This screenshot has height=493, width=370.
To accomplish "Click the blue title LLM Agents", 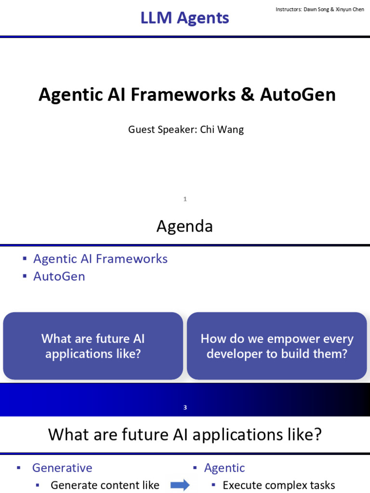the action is coord(185,18).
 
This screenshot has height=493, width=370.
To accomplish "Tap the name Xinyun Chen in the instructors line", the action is coord(350,10).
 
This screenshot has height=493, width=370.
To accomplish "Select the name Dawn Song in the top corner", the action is coord(316,10).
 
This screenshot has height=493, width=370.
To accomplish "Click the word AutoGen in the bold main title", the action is coord(298,94).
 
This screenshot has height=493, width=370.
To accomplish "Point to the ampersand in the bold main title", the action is coord(248,94).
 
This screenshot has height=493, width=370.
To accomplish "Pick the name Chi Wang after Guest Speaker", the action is coord(222,130).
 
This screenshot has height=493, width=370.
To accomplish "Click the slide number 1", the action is coord(185,199).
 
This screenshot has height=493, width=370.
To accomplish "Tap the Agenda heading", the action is coord(185,226).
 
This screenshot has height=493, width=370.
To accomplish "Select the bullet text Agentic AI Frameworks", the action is coord(100,259).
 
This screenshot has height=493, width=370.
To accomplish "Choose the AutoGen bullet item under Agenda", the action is coord(59,276).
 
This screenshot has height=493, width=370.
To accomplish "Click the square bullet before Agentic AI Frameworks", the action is coord(25,259).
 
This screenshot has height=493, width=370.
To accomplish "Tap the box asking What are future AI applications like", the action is coord(93,346).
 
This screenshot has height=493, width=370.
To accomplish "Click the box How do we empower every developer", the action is coord(277,346).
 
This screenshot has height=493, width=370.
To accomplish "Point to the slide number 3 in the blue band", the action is coord(185,407).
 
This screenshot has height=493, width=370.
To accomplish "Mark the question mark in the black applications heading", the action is coord(317,434).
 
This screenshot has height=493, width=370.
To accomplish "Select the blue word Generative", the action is coord(62,468).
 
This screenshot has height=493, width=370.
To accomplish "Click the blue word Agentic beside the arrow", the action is coord(225,468).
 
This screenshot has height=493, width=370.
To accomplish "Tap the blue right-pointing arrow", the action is coord(180,485).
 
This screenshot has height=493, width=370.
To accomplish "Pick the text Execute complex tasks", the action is coord(279,485).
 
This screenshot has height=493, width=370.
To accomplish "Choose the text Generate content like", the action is coord(105,485).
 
